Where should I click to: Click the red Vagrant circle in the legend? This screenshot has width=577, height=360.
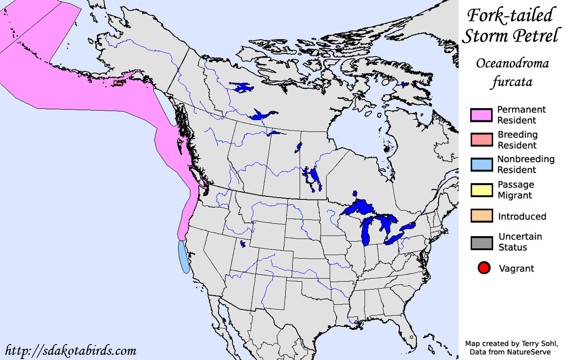(x=484, y=268)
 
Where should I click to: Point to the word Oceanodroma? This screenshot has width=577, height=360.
(x=512, y=64)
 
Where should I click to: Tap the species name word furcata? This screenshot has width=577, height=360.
(x=512, y=82)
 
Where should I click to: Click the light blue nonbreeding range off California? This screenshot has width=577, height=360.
(x=184, y=257)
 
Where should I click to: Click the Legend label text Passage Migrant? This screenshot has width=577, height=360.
(x=515, y=190)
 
